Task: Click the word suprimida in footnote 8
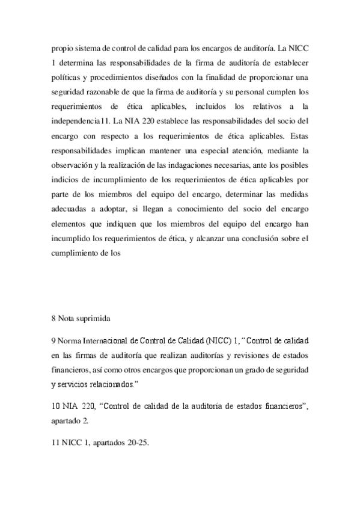coord(95,316)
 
